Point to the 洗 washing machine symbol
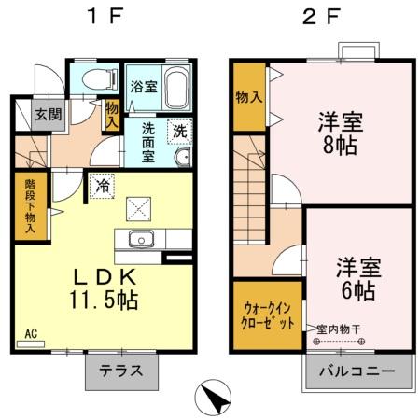(x=179, y=132)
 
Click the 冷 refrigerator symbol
(x=101, y=184)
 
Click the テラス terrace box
(x=122, y=370)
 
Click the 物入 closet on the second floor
(x=248, y=96)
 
